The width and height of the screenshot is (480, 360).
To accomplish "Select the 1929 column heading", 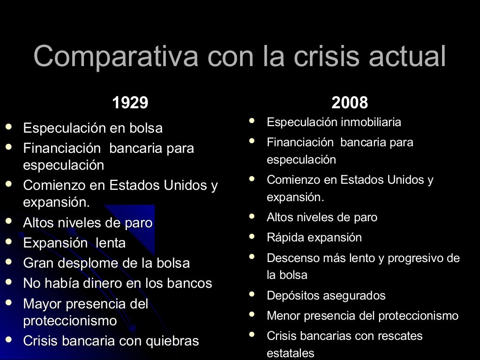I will (130, 103).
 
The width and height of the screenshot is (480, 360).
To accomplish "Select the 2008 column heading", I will (350, 103).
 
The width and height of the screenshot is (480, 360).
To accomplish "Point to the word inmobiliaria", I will (371, 122).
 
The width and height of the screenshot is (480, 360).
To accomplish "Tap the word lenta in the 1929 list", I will (111, 243).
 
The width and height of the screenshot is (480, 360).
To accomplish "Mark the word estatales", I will (290, 353).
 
